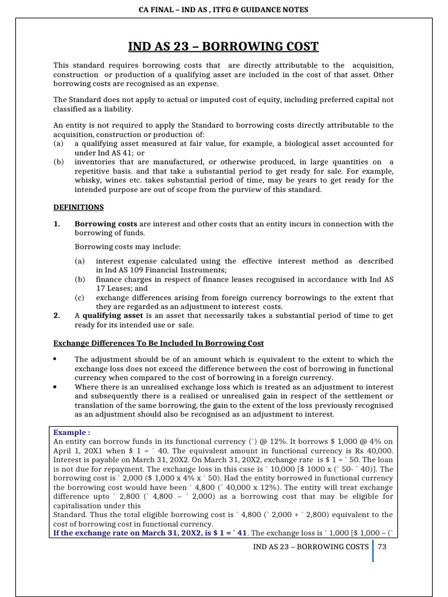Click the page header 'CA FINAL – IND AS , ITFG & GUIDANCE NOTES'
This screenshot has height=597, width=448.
tap(223, 9)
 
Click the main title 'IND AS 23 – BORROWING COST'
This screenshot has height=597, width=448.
tap(223, 47)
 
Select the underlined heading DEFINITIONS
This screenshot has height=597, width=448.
tap(78, 207)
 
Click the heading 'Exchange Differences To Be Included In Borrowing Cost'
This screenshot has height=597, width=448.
tap(158, 343)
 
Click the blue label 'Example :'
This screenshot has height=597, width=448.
tap(72, 433)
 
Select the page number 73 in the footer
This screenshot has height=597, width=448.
tap(383, 546)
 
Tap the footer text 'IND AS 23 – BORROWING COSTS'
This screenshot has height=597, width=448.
tap(310, 546)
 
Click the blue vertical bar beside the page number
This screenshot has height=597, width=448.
tap(373, 551)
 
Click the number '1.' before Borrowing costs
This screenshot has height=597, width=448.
tap(57, 224)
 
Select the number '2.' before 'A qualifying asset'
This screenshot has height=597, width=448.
tap(57, 315)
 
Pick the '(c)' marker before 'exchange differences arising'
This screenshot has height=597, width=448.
tap(80, 297)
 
